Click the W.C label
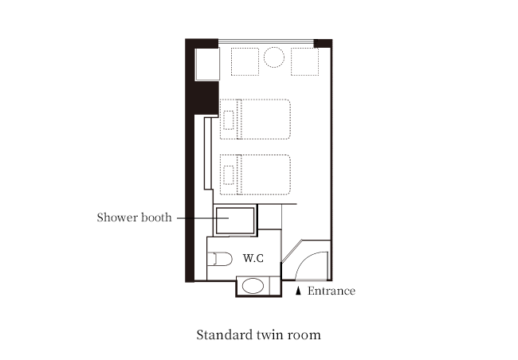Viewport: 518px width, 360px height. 253,258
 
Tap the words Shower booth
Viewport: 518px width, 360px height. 135,217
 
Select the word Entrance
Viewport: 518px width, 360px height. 332,291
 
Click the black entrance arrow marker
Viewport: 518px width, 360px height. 298,291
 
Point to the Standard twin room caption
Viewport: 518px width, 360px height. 259,335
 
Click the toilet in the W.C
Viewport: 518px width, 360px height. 220,260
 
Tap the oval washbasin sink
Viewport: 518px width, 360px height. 253,286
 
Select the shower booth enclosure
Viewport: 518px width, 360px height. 235,221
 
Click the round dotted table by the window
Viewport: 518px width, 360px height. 274,57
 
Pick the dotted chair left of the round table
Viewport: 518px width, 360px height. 245,62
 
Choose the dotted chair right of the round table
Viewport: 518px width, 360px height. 305,62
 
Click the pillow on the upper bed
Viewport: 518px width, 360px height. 229,120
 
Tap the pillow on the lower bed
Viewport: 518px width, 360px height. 229,175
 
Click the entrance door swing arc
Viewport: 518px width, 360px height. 304,260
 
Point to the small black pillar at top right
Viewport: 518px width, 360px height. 323,43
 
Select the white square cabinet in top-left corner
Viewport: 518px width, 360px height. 207,64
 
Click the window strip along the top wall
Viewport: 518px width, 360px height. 266,41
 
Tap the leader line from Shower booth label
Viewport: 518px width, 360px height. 203,218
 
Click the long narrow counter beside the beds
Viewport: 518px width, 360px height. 208,153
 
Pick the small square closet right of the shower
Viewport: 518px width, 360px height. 269,217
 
